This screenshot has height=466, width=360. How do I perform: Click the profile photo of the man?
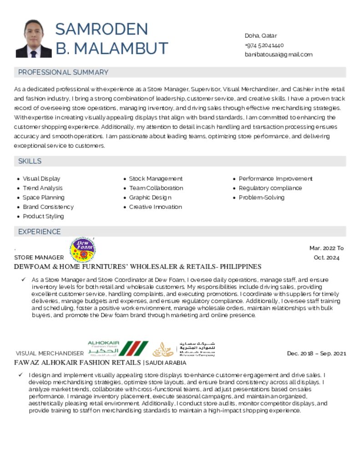(34, 39)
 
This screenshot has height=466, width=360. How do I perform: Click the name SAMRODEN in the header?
(101, 29)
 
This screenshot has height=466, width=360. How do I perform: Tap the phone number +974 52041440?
(264, 45)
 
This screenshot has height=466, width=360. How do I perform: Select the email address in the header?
(279, 55)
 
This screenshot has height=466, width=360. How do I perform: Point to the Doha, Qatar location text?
(261, 35)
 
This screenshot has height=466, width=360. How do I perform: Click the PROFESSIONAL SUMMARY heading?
(63, 72)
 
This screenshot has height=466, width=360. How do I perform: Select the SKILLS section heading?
(30, 161)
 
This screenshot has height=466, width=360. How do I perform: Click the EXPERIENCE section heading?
(39, 232)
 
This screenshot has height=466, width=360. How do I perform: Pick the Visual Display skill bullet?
(41, 179)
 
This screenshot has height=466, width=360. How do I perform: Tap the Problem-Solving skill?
(261, 198)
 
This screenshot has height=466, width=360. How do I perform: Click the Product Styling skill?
(43, 216)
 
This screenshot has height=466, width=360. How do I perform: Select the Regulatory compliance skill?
(270, 188)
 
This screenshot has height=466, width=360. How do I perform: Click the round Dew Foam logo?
(82, 250)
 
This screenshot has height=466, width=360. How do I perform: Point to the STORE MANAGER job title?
(39, 258)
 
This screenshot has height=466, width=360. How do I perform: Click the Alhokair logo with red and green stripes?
(117, 349)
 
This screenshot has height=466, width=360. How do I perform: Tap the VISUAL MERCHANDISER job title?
(50, 354)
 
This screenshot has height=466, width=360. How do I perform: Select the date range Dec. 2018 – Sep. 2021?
(316, 354)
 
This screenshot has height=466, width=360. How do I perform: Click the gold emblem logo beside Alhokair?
(163, 349)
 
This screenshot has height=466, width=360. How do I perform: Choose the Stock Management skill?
(156, 179)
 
